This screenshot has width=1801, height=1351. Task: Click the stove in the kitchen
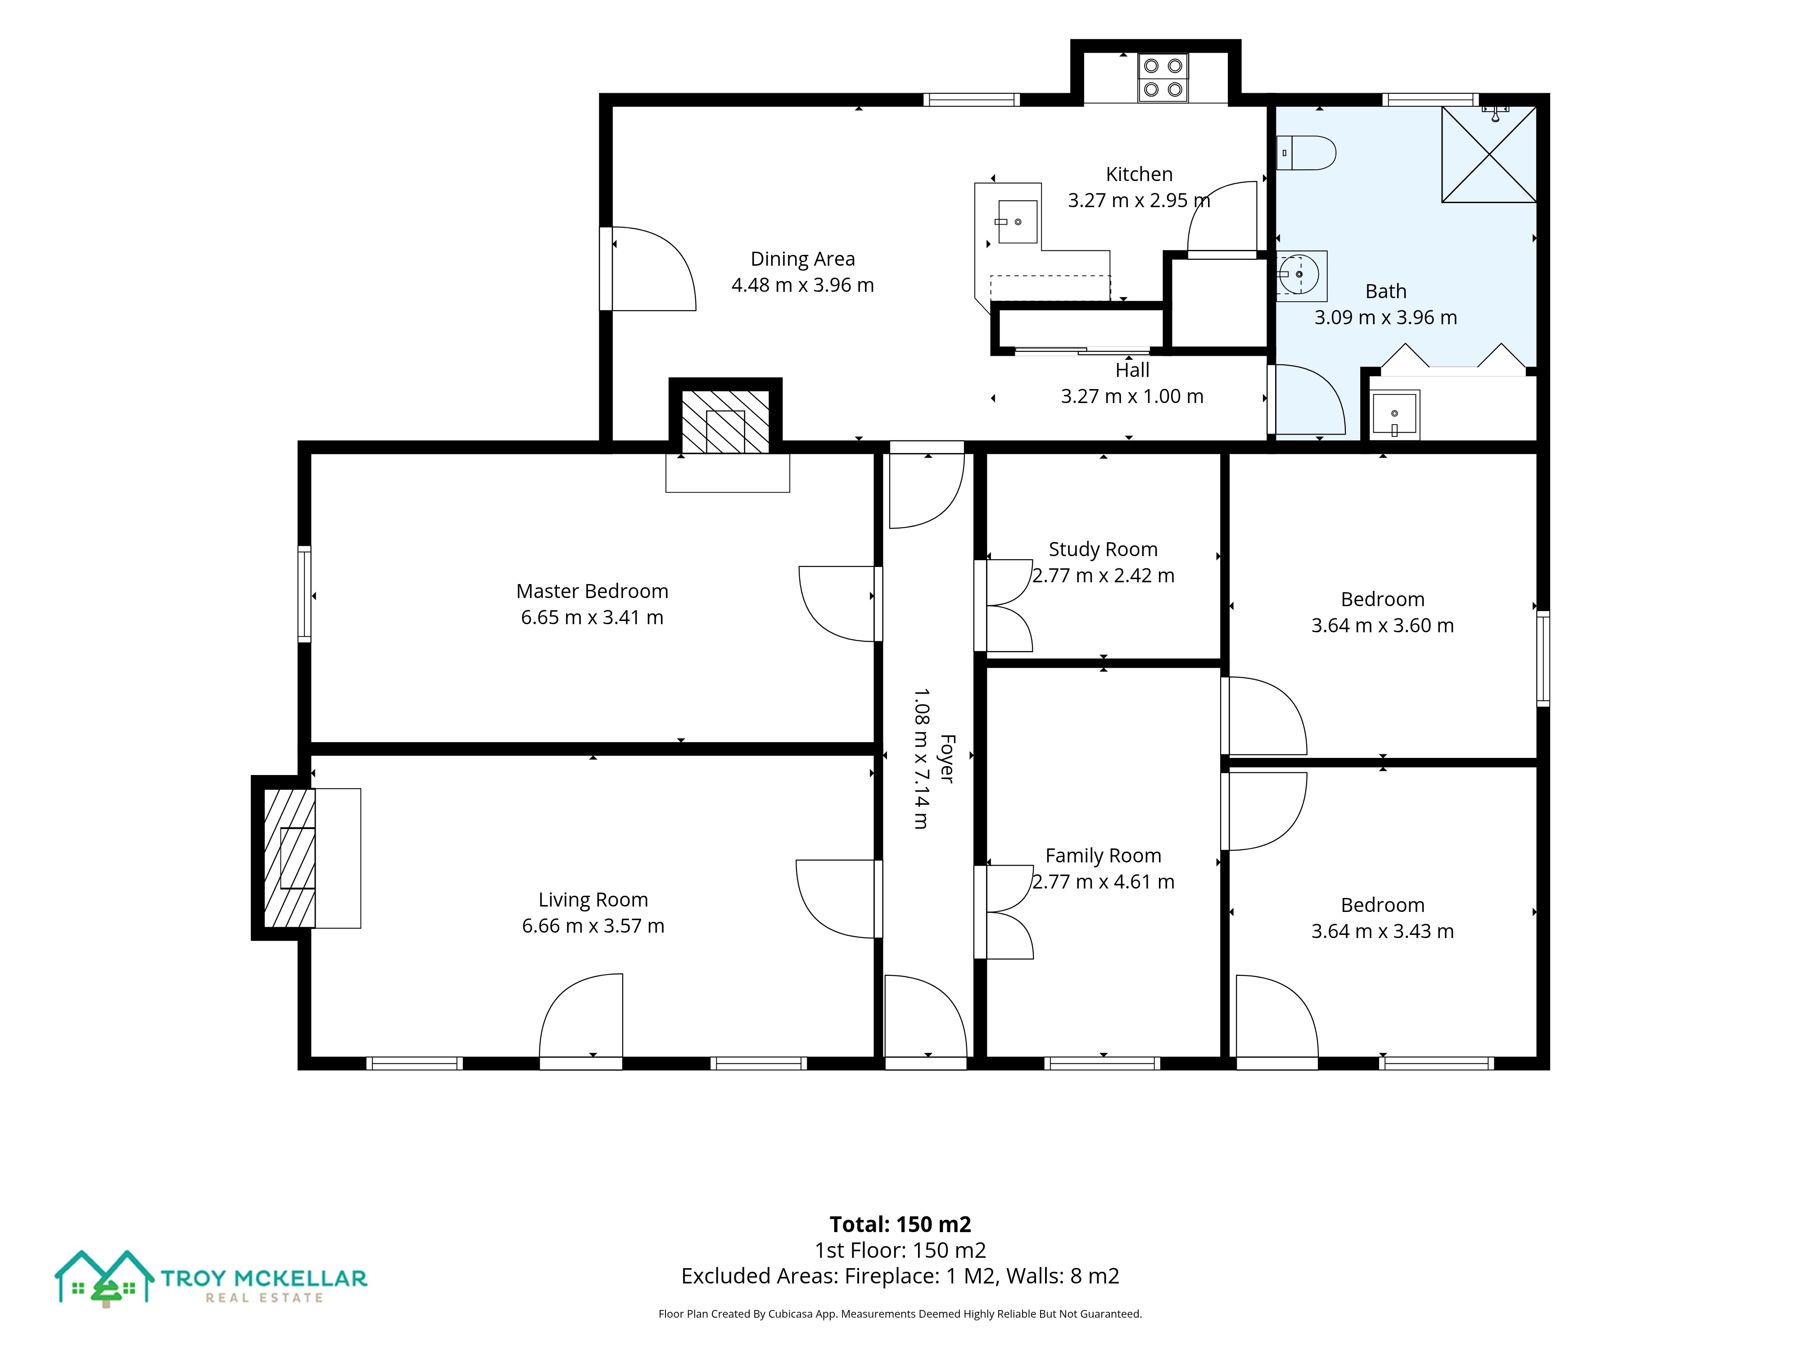click(1163, 78)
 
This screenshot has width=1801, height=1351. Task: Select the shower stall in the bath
click(1489, 154)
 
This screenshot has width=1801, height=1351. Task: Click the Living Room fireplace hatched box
click(289, 857)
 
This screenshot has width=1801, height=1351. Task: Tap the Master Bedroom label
click(592, 591)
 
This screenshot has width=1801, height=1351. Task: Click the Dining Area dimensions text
click(803, 285)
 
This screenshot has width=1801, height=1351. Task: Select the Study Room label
click(1103, 550)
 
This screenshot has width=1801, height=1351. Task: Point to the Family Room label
click(1103, 856)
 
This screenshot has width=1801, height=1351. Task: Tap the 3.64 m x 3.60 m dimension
click(1383, 626)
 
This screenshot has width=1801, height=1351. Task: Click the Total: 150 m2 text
click(900, 1224)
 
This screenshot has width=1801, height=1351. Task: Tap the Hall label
click(1132, 371)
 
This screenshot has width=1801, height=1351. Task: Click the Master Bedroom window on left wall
click(304, 594)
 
